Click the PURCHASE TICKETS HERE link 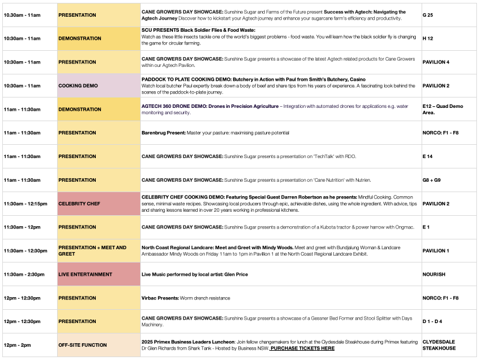tap(302, 348)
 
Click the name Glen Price tap(236, 275)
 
